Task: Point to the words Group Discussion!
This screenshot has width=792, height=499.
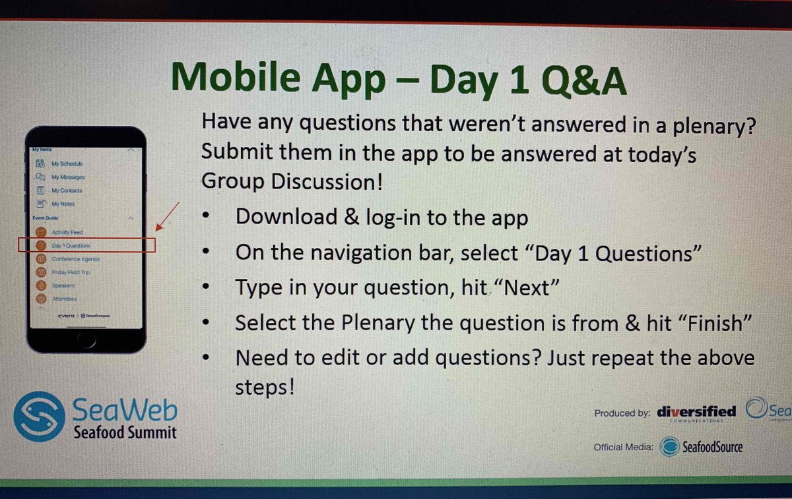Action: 292,181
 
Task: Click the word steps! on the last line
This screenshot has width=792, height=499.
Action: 264,387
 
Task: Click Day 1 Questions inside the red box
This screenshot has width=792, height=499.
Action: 71,246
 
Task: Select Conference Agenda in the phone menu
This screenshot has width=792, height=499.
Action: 75,259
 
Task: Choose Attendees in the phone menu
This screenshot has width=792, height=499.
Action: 64,299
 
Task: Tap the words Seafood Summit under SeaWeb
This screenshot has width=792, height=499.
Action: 125,433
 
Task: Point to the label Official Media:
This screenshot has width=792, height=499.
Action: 623,448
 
